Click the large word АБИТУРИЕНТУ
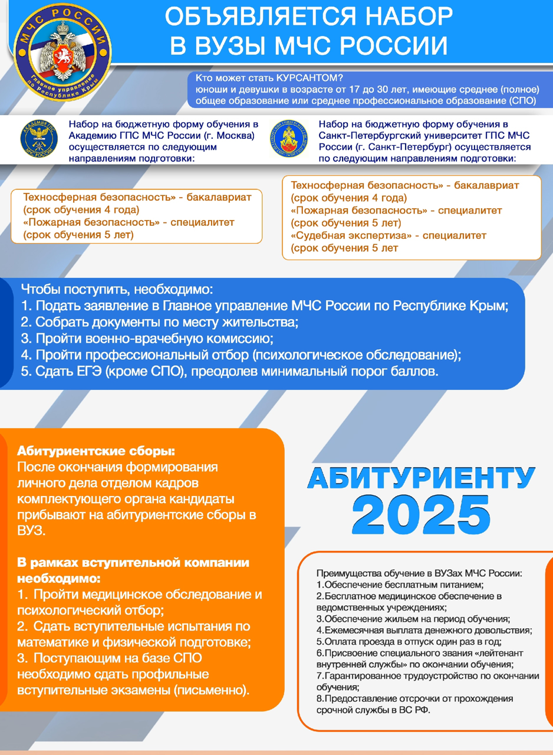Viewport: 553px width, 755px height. coord(421,478)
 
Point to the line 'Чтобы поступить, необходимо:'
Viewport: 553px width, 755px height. coord(116,290)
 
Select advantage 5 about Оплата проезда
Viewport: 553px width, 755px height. coord(413,642)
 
